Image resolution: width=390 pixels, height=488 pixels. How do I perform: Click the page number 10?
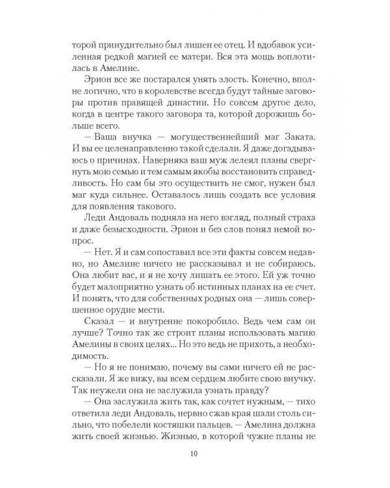(194, 454)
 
